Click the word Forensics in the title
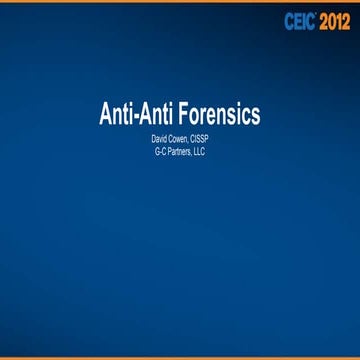pyautogui.click(x=214, y=114)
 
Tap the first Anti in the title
pyautogui.click(x=119, y=114)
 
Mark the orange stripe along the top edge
pyautogui.click(x=180, y=1)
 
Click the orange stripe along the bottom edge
pyautogui.click(x=180, y=358)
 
